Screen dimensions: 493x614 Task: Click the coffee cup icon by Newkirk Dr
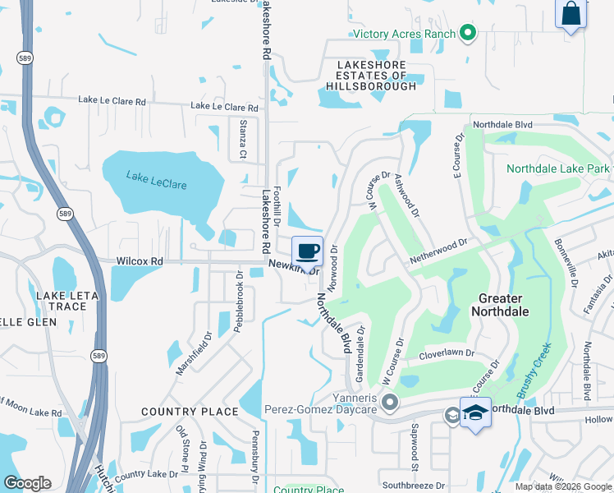click(307, 250)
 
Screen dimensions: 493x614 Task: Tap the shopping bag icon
click(570, 15)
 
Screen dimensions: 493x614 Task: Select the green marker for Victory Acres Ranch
click(468, 34)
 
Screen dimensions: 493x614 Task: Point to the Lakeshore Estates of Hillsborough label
click(371, 75)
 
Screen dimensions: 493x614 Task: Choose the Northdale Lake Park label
click(557, 168)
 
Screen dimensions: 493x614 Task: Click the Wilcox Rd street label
click(140, 260)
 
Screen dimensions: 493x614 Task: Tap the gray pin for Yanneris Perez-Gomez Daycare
click(390, 403)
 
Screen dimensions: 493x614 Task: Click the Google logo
click(27, 483)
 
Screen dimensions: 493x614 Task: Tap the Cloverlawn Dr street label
click(447, 353)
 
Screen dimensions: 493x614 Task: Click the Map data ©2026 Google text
click(563, 486)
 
